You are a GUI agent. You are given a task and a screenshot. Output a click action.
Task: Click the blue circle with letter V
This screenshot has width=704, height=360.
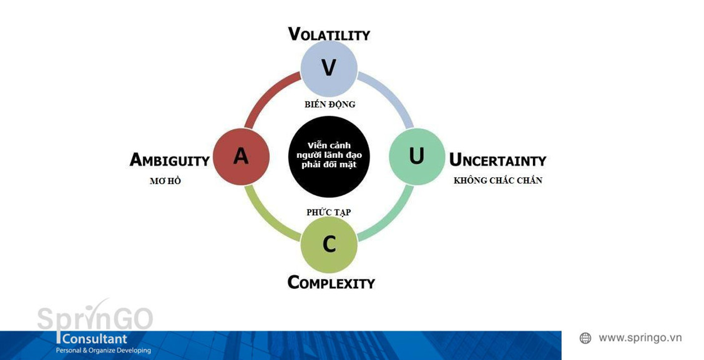329,68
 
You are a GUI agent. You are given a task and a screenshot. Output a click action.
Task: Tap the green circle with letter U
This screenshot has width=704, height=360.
417,156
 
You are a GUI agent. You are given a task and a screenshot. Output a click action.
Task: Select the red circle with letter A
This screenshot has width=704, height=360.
241,156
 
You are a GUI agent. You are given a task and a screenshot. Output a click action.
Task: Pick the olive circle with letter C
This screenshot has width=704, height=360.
329,245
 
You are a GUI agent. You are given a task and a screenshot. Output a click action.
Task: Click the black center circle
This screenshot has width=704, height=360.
329,156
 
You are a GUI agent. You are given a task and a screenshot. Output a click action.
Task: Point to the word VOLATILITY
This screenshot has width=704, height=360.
329,34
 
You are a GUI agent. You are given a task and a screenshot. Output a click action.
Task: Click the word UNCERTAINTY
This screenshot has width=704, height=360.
497,160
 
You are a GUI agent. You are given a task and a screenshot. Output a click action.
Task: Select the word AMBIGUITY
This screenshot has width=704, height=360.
169,160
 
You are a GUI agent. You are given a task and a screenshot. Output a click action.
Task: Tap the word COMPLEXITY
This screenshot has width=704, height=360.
331,283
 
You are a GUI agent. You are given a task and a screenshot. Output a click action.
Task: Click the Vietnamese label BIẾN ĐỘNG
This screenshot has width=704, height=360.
330,104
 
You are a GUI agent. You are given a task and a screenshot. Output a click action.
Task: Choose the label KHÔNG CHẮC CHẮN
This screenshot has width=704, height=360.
498,180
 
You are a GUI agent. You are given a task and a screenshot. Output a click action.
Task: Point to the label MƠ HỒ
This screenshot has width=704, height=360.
165,180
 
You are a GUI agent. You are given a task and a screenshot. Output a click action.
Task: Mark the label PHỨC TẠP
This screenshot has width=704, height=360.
329,212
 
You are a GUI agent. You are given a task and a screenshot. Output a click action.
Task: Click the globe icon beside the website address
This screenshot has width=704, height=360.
585,338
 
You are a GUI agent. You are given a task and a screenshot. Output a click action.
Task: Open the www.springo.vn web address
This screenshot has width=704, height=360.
640,338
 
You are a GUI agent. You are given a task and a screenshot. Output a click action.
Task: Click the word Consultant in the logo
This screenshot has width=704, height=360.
95,339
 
